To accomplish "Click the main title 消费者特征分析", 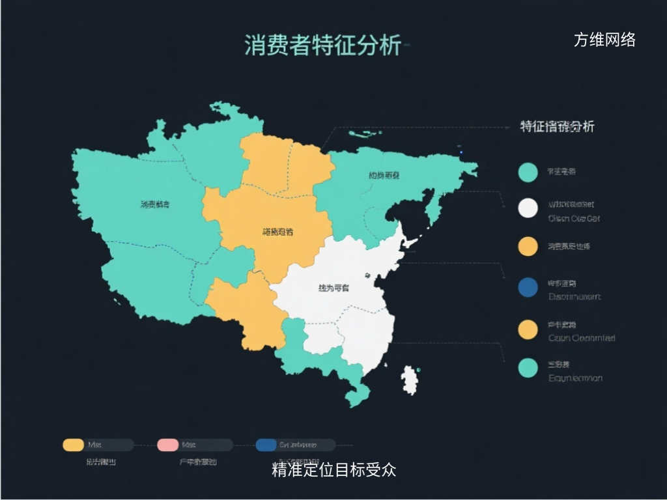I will click(322, 46).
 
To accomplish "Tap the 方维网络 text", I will click(604, 40).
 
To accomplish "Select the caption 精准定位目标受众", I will click(333, 469).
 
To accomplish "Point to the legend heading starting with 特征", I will click(557, 126).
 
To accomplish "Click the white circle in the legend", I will click(528, 208).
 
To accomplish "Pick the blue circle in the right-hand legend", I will click(528, 286).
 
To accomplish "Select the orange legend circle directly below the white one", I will click(528, 246).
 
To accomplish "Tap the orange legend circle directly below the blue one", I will click(528, 329).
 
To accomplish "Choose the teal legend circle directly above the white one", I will click(528, 172).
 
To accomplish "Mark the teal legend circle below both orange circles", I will click(528, 368).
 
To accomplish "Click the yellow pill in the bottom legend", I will click(73, 445).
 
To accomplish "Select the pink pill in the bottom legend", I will click(167, 445).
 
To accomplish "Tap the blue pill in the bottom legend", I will click(266, 445).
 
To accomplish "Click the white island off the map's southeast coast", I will click(410, 380).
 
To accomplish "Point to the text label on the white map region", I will click(333, 288).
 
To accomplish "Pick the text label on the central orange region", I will click(277, 231).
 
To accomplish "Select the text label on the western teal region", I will click(155, 204).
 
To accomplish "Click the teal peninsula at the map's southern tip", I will click(358, 393).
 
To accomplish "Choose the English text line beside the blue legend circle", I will click(575, 297).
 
